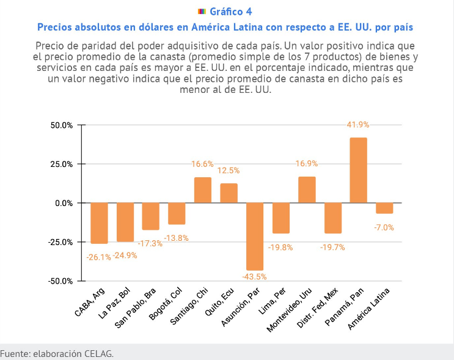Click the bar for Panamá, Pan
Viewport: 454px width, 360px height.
[358, 171]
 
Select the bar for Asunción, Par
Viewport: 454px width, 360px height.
[255, 237]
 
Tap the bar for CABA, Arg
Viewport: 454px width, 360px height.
[99, 223]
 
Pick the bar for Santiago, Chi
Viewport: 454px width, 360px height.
[203, 190]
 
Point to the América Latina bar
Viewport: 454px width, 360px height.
[384, 208]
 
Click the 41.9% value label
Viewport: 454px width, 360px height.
[358, 125]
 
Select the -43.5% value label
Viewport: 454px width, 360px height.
[254, 277]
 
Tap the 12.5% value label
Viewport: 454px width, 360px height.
[229, 171]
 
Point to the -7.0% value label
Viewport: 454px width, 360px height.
[384, 227]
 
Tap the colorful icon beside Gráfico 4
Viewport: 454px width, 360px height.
[202, 12]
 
